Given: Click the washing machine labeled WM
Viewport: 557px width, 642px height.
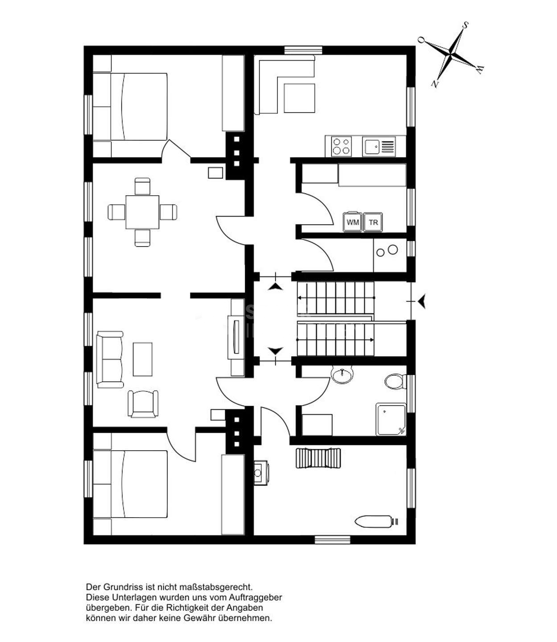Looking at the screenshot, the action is point(352,222).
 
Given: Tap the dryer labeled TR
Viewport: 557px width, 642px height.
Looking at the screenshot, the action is point(373,222).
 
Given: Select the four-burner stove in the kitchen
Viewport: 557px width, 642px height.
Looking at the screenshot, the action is point(341,146).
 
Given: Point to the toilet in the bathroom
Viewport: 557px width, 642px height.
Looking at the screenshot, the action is point(395,381).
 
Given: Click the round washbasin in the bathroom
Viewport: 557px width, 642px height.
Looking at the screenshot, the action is point(342,374).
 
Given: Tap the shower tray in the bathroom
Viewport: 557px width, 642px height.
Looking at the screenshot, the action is point(391,419).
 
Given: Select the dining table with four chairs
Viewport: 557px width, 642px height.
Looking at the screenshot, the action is point(142,212).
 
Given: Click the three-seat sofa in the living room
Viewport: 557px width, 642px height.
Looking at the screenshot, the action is point(110,359).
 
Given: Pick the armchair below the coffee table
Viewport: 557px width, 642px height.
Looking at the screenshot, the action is point(143,404).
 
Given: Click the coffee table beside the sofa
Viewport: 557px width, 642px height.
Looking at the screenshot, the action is point(142,359).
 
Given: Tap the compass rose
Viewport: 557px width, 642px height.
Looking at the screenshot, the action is point(450,54).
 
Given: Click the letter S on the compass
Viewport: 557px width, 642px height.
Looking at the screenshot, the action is point(466,25).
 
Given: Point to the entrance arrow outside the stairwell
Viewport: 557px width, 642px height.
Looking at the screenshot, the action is point(422,301).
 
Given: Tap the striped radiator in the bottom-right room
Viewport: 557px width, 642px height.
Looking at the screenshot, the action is point(318,458).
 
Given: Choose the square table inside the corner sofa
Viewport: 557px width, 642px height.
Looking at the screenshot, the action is point(299,98).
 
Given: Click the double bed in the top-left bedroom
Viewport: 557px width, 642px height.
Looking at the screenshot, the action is point(130,107).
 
